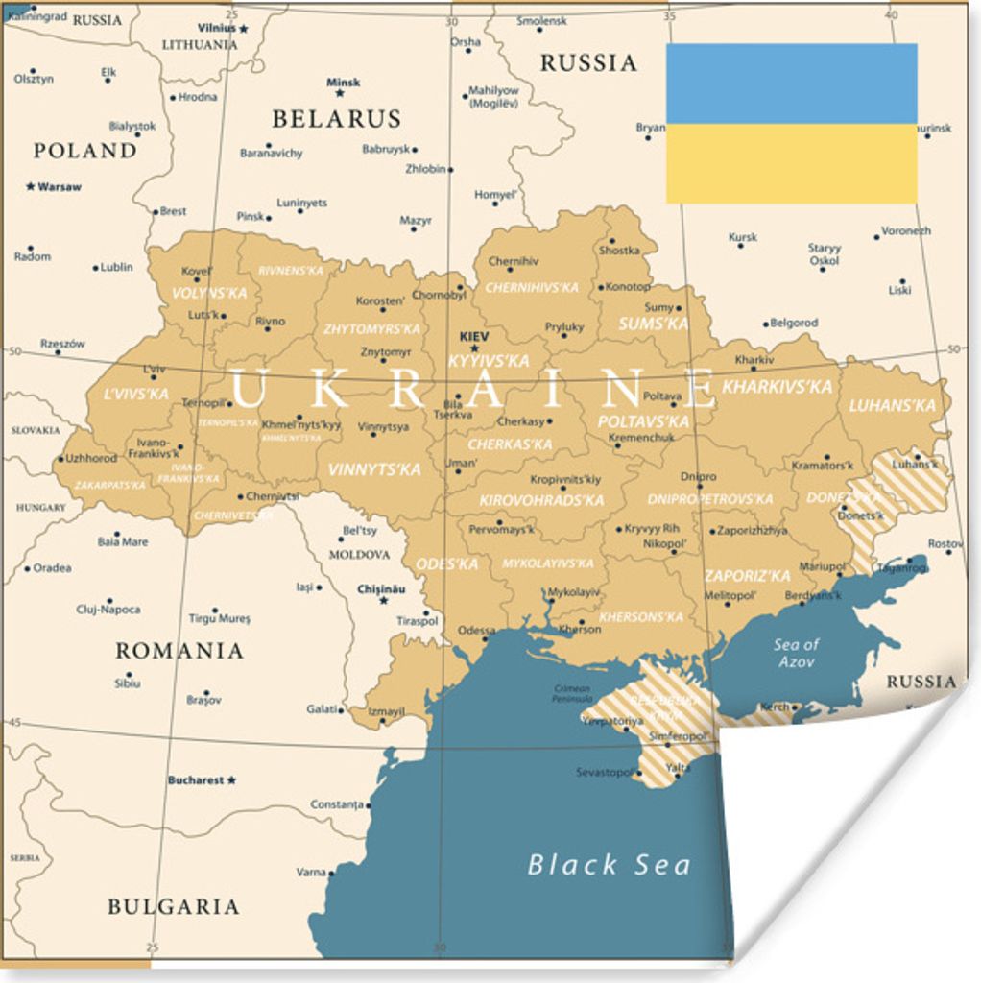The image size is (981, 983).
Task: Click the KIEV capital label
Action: click(x=474, y=337)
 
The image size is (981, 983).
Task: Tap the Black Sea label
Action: click(x=609, y=864)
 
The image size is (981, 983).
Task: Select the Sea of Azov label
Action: click(x=797, y=653)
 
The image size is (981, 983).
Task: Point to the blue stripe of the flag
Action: click(x=791, y=83)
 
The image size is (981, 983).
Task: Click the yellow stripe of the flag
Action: click(x=791, y=163)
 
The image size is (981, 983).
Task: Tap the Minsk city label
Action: click(x=343, y=83)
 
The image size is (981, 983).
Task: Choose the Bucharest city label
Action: click(x=196, y=780)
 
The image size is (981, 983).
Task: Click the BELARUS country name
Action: click(x=336, y=119)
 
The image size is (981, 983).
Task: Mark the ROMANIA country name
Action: click(x=179, y=651)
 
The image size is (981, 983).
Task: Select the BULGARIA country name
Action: click(x=173, y=906)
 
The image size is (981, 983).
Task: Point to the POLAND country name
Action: click(x=85, y=151)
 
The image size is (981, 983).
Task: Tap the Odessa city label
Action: click(x=476, y=631)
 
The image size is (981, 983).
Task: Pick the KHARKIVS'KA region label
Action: click(x=778, y=387)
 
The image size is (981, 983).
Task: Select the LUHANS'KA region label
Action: click(x=893, y=405)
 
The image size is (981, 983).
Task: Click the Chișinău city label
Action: click(x=381, y=588)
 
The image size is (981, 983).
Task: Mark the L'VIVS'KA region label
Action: click(x=136, y=394)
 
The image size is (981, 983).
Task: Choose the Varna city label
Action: click(x=311, y=873)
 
